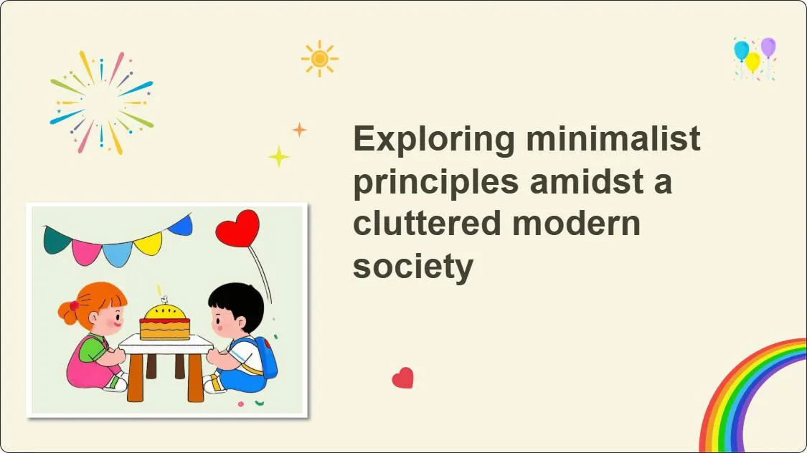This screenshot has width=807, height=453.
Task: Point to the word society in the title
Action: (412, 267)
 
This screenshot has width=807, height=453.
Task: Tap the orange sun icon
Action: (320, 58)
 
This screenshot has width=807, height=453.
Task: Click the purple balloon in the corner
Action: (768, 47)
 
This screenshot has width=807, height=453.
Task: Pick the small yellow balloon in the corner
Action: (752, 62)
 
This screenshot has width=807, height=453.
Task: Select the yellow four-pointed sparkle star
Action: (278, 156)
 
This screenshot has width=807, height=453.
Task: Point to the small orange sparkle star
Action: (299, 130)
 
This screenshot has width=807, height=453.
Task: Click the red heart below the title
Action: (403, 378)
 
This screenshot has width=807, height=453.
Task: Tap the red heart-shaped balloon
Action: (237, 228)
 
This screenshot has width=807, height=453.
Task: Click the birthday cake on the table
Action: (165, 322)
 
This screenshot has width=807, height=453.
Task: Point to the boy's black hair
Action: (237, 300)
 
